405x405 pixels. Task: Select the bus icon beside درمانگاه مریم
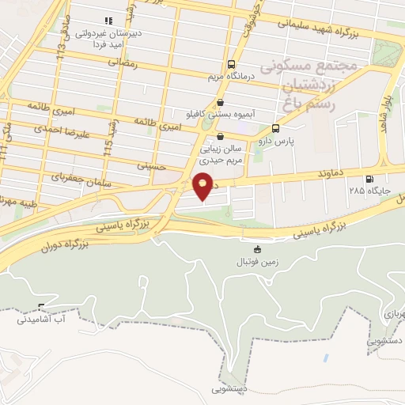click(x=230, y=64)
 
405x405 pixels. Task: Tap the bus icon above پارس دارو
click(x=275, y=128)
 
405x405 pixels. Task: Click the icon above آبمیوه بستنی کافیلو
click(x=219, y=102)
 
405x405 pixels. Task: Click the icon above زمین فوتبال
click(x=255, y=248)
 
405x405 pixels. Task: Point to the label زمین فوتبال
click(x=255, y=261)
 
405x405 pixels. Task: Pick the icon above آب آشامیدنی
click(x=41, y=307)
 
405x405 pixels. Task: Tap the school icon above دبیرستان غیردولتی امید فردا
click(x=108, y=21)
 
